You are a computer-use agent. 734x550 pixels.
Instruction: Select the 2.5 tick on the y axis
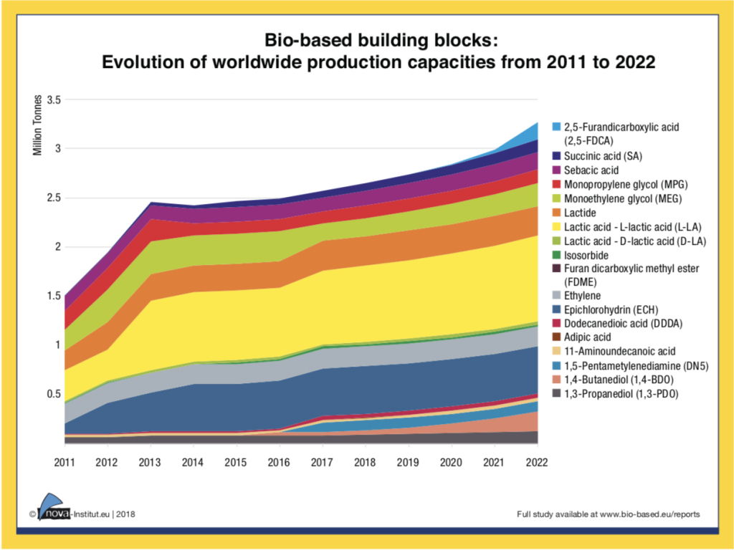pyautogui.click(x=54, y=198)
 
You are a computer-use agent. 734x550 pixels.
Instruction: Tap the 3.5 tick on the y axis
pyautogui.click(x=54, y=99)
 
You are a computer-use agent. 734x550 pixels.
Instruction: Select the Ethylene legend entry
pyautogui.click(x=583, y=296)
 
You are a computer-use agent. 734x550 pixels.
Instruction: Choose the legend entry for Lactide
pyautogui.click(x=581, y=213)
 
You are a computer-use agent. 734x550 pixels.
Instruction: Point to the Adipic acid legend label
pyautogui.click(x=588, y=337)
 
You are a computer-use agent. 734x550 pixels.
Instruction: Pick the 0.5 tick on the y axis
pyautogui.click(x=54, y=394)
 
